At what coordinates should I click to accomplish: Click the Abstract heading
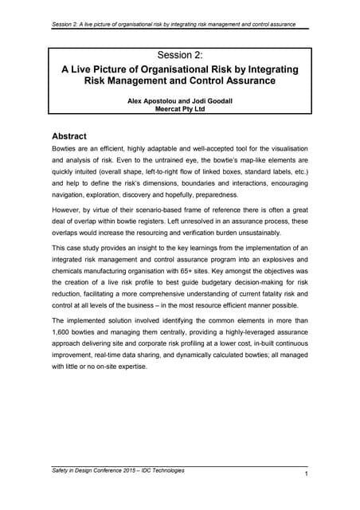(78, 136)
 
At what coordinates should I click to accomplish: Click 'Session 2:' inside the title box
(180, 55)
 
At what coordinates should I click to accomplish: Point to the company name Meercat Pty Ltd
(180, 112)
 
